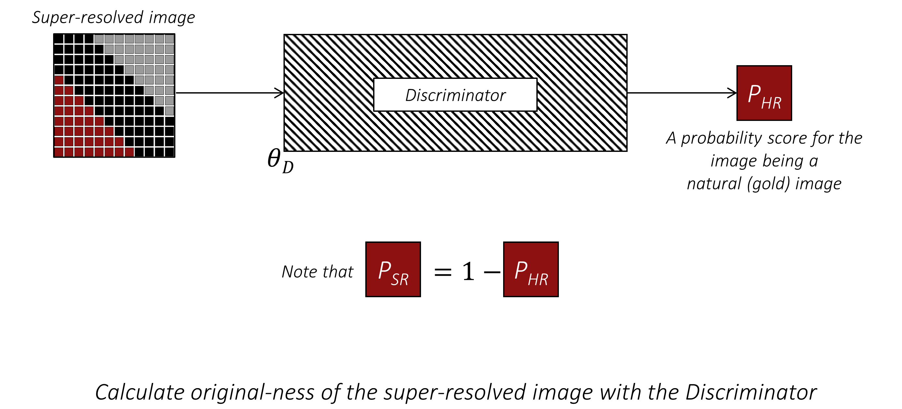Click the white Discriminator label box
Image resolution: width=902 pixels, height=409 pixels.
coord(455,95)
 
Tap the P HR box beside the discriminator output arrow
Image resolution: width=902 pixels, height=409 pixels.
coord(764,93)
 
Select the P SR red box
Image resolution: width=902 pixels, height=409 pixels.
coord(393,269)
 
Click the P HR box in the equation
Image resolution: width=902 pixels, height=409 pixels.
coord(531,269)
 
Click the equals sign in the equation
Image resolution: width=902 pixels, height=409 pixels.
coord(443,272)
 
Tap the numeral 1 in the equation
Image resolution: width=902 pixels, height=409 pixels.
coord(468,271)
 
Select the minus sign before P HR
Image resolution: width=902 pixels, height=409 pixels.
coord(492,272)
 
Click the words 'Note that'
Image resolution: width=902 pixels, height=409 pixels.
coord(317,272)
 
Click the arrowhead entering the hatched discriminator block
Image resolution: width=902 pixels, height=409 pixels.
coord(280,93)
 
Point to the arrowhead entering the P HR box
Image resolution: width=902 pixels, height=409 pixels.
coord(733,93)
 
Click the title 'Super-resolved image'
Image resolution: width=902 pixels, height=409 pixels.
coord(113,18)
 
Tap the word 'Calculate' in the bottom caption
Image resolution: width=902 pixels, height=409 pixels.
coord(140,392)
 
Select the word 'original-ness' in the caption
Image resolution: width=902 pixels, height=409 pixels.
coord(252,392)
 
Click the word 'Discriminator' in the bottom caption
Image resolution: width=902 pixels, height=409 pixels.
coord(751,392)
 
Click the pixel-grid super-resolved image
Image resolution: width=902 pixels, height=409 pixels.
coord(114,95)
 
